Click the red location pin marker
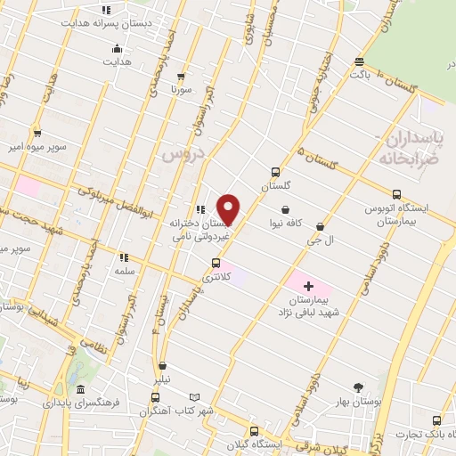[229, 209]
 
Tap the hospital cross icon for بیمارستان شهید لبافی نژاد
[308, 287]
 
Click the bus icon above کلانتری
[216, 263]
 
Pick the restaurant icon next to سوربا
[182, 76]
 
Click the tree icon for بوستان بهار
[359, 387]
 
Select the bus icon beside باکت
[359, 61]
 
